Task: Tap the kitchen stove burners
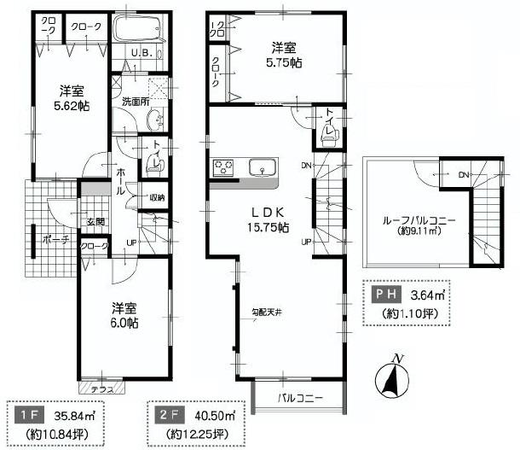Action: pyautogui.click(x=223, y=167)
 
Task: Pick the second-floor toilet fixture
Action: pyautogui.click(x=329, y=132)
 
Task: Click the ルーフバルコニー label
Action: pyautogui.click(x=419, y=226)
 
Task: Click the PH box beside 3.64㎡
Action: pyautogui.click(x=385, y=295)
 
